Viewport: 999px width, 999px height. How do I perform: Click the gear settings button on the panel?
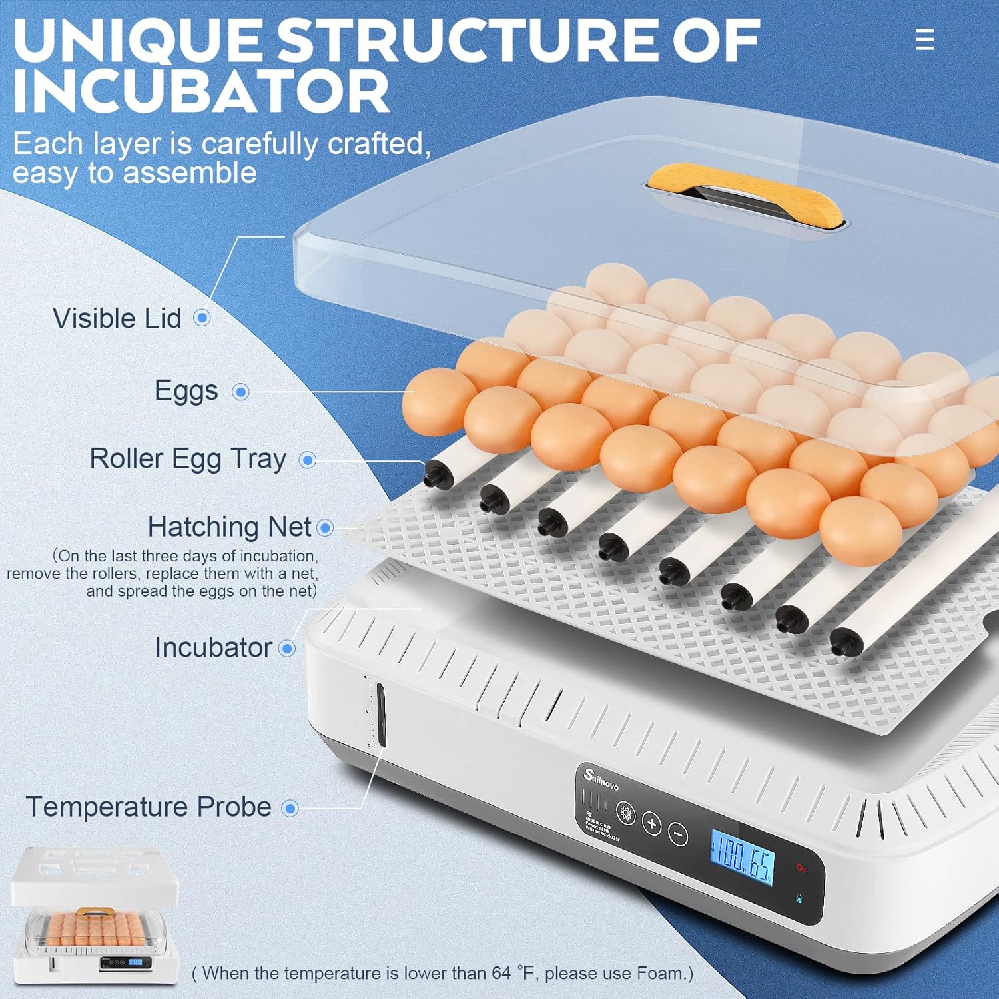625,813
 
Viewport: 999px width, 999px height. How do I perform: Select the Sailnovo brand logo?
601,779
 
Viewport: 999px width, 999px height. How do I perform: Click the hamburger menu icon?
924,39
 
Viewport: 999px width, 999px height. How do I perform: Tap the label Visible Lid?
117,318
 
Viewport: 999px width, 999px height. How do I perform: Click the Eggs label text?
186,391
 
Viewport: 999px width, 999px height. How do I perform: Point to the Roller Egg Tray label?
188,459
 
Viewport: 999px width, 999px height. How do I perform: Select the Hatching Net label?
229,527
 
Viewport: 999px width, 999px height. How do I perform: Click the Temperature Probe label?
149,807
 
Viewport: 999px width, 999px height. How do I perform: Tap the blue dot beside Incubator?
287,648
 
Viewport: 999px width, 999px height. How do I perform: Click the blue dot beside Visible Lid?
202,318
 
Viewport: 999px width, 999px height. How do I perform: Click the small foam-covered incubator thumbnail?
95,914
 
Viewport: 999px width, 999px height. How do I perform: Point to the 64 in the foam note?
501,973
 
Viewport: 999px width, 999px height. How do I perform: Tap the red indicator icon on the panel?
801,868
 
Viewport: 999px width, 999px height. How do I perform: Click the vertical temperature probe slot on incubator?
381,715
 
